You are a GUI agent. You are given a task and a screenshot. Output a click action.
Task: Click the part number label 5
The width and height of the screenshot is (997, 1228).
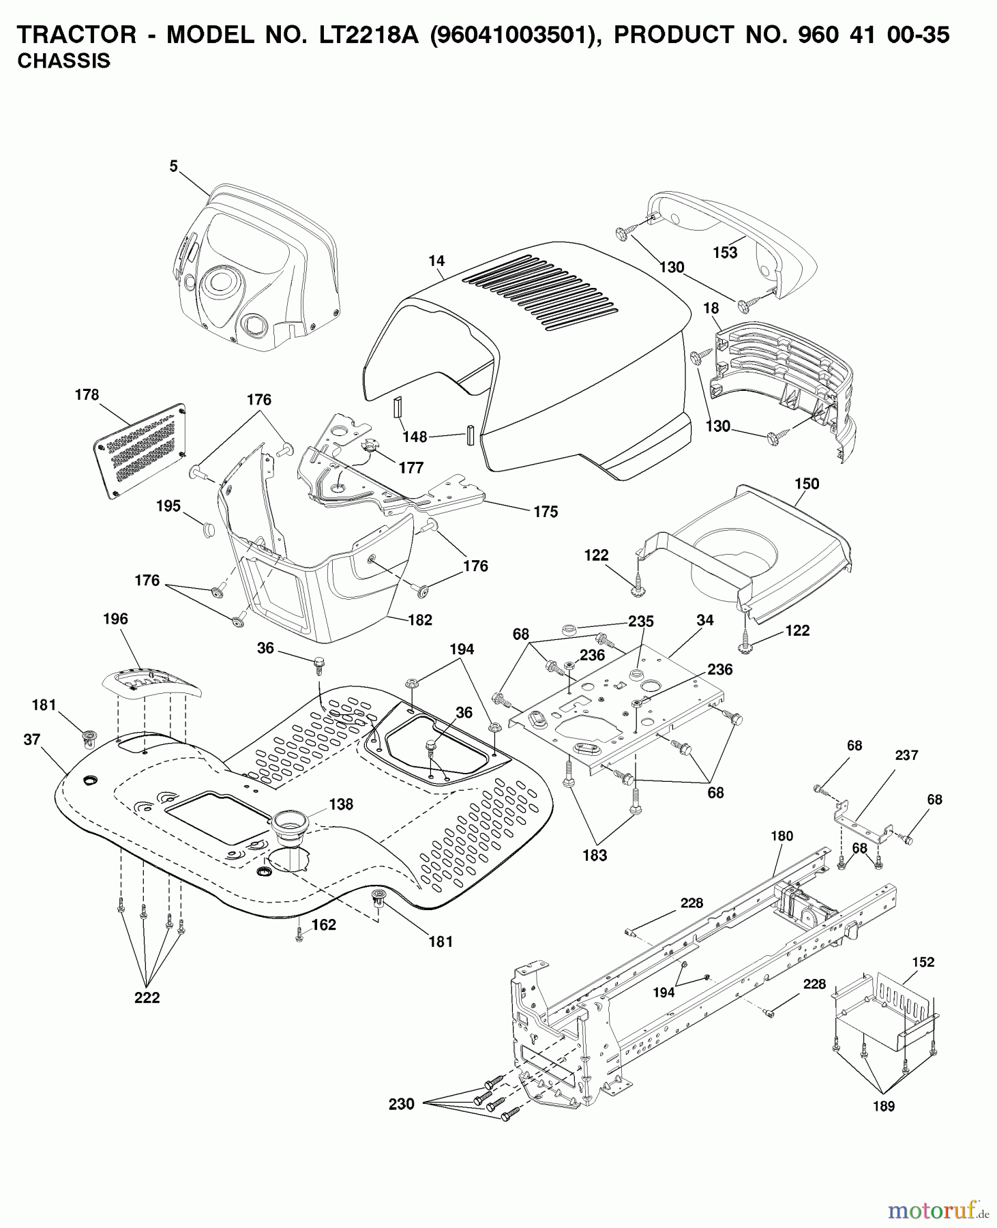point(174,166)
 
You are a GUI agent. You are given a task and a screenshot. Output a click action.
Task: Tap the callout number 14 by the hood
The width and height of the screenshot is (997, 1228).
point(436,261)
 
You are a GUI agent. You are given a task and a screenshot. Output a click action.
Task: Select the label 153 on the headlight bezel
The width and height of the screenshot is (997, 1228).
point(725,252)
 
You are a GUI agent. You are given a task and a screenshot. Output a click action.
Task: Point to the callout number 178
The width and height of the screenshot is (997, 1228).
point(87,395)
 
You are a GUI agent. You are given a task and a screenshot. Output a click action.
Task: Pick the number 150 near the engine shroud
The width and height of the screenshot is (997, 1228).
point(807,484)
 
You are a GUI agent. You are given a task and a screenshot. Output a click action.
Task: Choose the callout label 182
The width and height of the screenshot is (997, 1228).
point(420,619)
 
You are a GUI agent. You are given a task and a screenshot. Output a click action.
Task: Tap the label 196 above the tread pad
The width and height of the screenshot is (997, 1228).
point(115,619)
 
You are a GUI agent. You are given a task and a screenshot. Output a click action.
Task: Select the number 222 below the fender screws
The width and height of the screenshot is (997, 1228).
point(147,997)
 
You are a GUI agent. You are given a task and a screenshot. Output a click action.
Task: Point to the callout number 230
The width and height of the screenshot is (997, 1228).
point(402,1103)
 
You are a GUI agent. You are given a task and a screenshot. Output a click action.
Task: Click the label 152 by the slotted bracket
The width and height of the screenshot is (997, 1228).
point(923,962)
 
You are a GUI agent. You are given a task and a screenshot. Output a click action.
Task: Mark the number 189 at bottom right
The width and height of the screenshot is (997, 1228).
point(884,1106)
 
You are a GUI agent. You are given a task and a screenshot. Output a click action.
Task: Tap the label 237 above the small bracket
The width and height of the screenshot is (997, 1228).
point(906,755)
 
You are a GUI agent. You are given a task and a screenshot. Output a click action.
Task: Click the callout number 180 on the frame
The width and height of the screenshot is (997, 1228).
point(782,836)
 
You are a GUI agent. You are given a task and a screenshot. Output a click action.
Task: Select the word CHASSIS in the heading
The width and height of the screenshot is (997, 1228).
point(63,61)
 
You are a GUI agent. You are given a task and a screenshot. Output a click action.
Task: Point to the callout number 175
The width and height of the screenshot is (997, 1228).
point(546,512)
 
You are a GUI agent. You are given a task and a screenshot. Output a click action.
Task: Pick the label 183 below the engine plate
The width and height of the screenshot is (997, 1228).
point(595,855)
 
